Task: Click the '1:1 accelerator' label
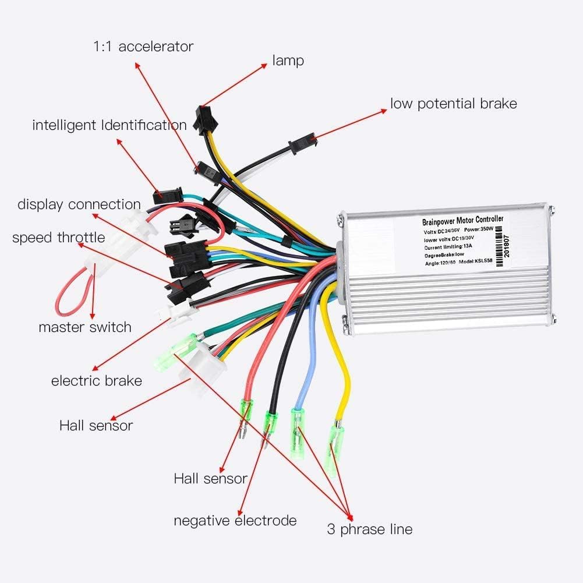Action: (x=143, y=46)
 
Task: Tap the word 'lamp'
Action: (x=288, y=60)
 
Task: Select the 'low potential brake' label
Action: (x=453, y=104)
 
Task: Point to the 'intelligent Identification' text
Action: (x=109, y=125)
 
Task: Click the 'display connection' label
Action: (x=79, y=204)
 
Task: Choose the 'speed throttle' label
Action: (x=58, y=238)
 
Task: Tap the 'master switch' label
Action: (x=85, y=327)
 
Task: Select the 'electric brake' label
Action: (x=97, y=381)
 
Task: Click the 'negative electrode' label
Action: (x=235, y=520)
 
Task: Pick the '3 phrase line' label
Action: (x=369, y=529)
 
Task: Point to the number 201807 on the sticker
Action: (x=506, y=245)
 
